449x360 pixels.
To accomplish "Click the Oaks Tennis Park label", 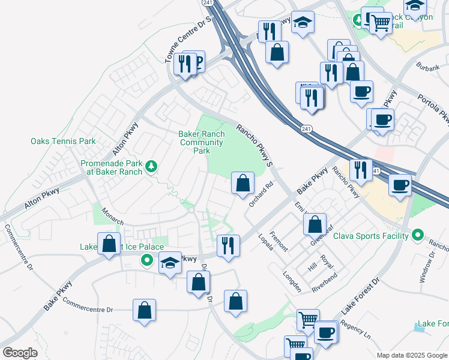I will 63,142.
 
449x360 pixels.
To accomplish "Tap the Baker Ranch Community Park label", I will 202,142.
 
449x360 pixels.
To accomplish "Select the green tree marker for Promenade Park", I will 152,166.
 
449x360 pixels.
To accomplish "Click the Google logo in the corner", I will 20,353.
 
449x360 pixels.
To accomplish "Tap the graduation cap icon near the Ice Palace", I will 170,262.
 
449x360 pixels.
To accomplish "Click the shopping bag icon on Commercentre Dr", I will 144,310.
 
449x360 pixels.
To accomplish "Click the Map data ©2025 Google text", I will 411,355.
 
